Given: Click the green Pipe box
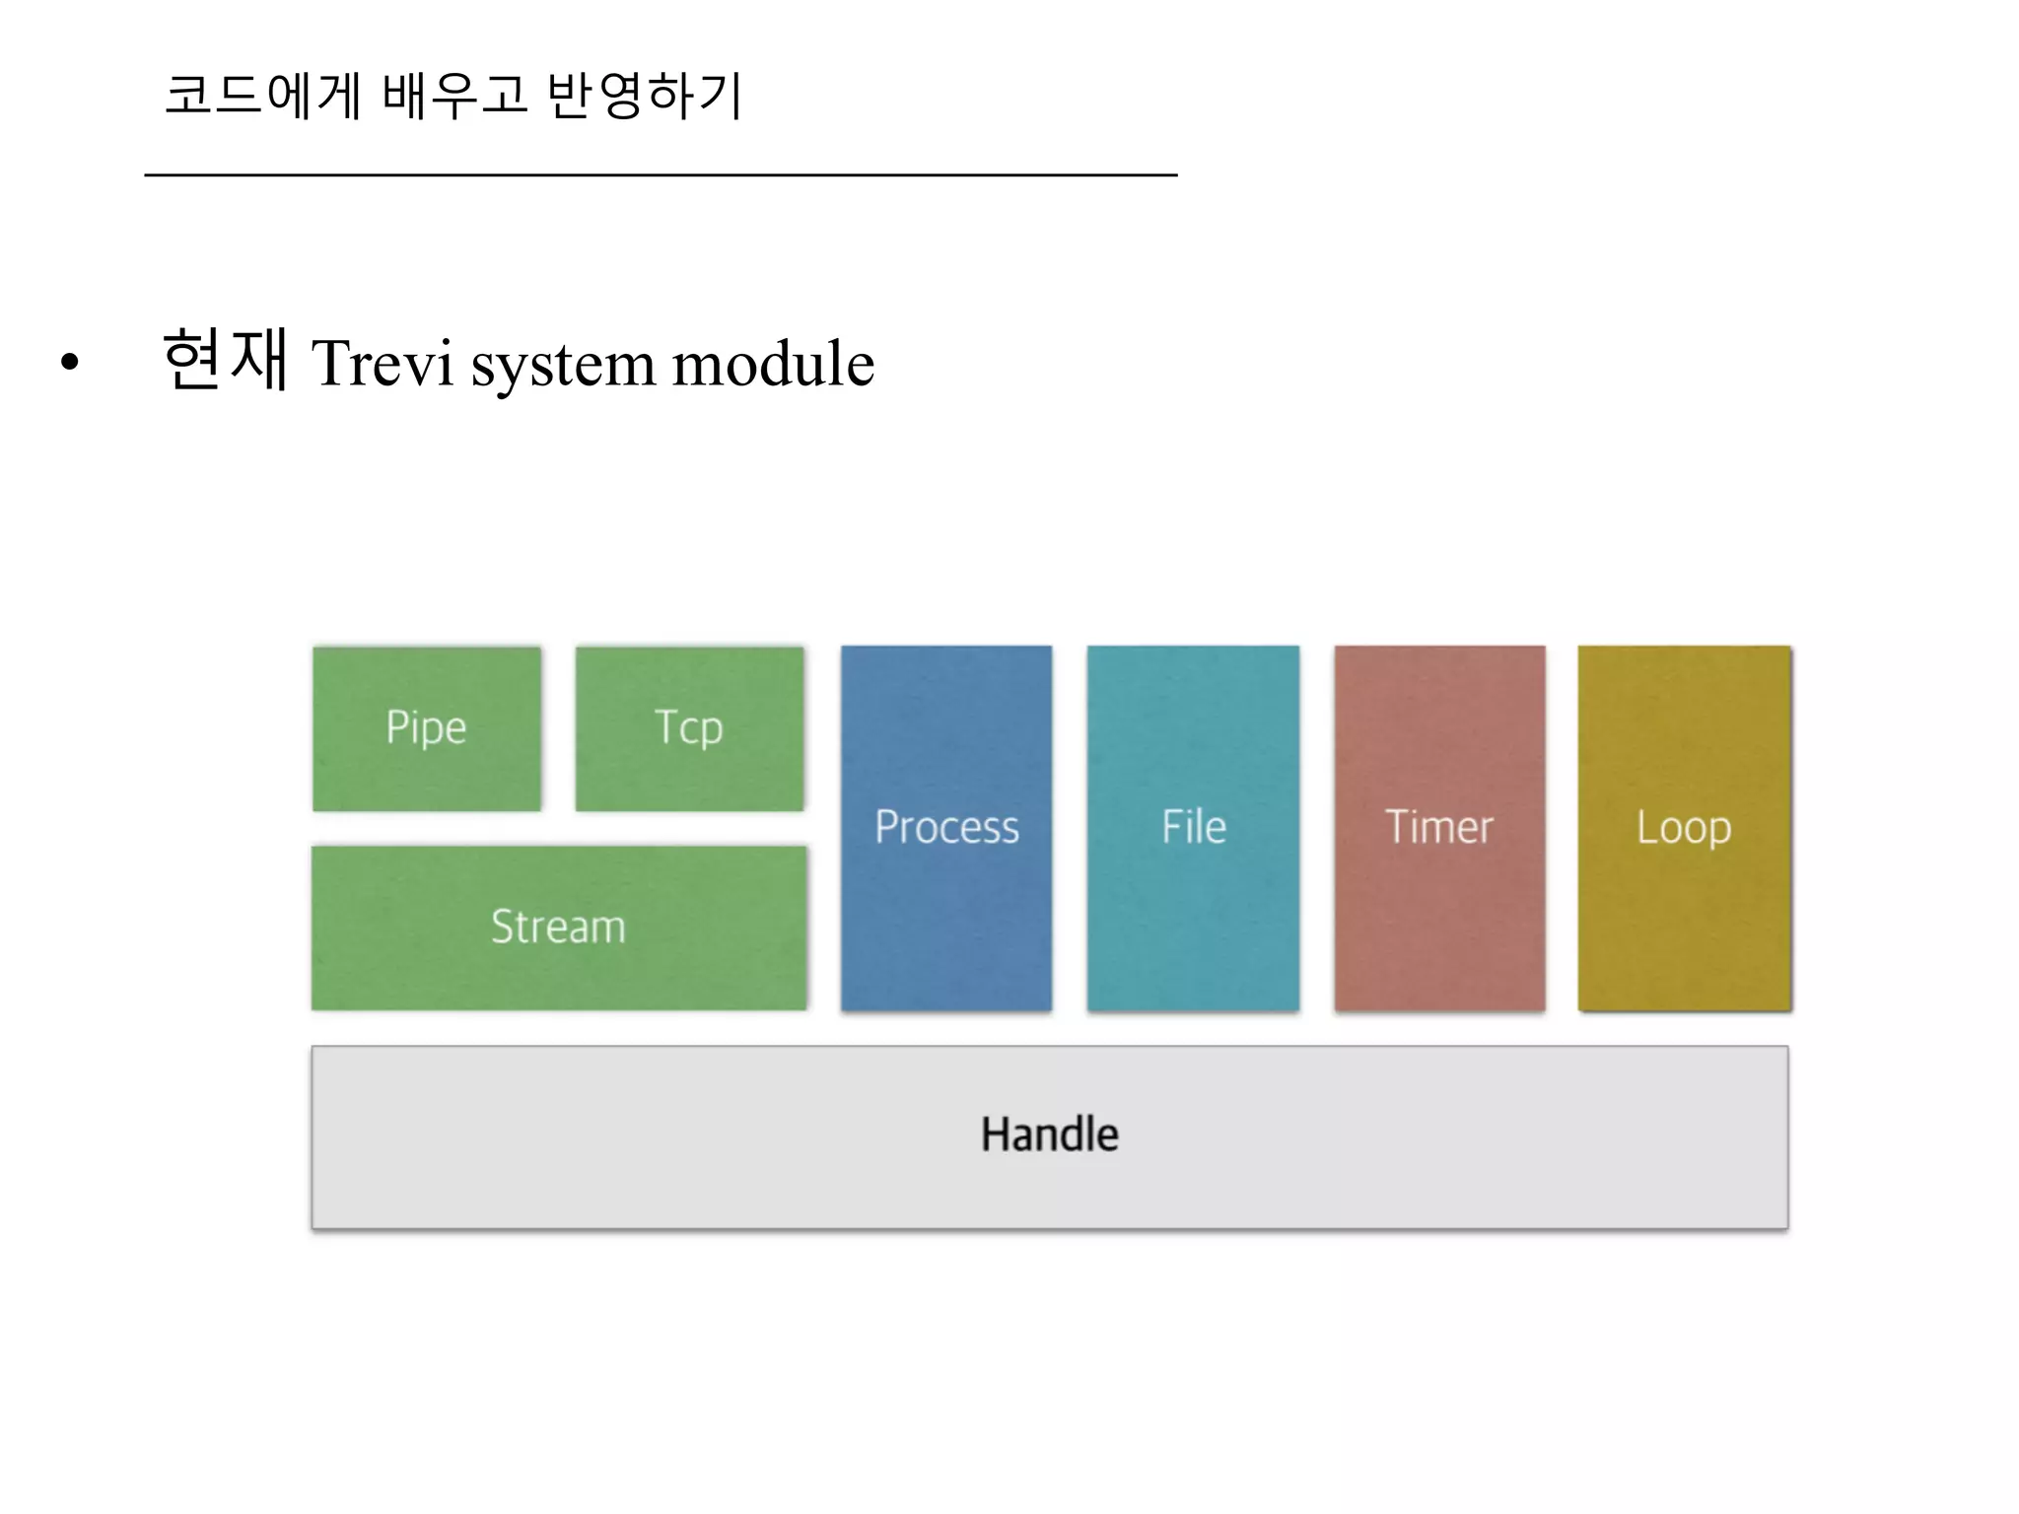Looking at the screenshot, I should [426, 728].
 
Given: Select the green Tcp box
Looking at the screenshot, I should [689, 728].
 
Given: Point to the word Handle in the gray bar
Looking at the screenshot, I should [1049, 1135].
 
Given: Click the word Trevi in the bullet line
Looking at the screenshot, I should [383, 364].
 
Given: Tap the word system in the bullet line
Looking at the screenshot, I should [562, 364].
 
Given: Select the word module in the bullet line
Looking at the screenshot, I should [773, 364].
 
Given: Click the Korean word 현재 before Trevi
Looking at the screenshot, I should [225, 360].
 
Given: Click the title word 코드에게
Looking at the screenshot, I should [262, 96].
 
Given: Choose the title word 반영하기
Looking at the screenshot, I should [644, 96].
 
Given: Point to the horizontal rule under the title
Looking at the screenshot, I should [661, 175].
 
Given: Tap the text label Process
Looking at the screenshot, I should [946, 827].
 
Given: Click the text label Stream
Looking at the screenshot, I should [558, 927].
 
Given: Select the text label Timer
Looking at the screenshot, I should [1439, 827].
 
